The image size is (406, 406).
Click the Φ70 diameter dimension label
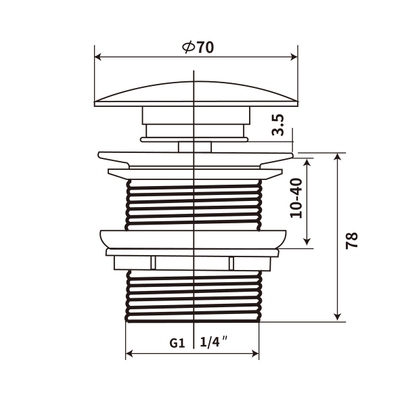[198, 48]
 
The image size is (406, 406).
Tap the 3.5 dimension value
[277, 125]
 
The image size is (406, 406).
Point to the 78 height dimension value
[351, 240]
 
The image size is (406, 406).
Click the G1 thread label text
[177, 343]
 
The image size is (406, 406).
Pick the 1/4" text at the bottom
[212, 342]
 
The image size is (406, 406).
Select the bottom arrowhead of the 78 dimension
[337, 317]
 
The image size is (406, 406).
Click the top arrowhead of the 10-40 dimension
[307, 163]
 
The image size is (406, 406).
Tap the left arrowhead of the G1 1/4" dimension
[129, 353]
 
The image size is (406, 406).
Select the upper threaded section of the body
[194, 203]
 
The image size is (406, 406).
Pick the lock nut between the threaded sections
[194, 240]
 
